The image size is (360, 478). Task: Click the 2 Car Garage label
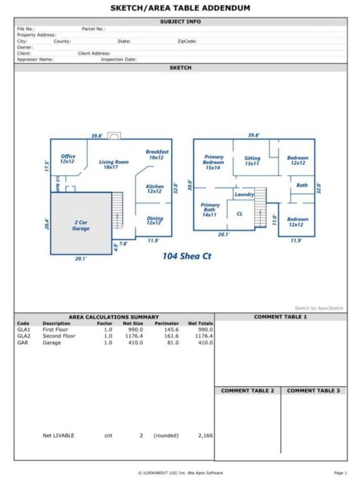(x=81, y=226)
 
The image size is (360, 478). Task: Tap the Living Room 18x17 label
(x=113, y=164)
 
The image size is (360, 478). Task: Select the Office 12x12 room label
(x=68, y=159)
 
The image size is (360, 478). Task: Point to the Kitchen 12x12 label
(x=155, y=189)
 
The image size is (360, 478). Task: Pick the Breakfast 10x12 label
(x=157, y=154)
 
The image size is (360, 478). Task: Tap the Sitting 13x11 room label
(x=252, y=161)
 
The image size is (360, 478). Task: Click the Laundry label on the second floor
(x=244, y=194)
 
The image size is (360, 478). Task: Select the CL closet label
(x=239, y=214)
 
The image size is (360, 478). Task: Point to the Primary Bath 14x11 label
(x=210, y=210)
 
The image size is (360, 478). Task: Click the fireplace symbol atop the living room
(x=114, y=136)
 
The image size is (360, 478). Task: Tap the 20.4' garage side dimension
(x=47, y=224)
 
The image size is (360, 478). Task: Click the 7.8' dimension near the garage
(x=123, y=244)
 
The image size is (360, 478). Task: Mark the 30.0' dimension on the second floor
(x=190, y=185)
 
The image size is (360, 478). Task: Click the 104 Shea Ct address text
(x=187, y=256)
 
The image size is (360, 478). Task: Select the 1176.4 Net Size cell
(x=134, y=336)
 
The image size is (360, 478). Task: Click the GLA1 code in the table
(x=23, y=329)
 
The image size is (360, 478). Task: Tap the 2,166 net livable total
(x=205, y=435)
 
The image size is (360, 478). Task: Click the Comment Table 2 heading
(x=248, y=391)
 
